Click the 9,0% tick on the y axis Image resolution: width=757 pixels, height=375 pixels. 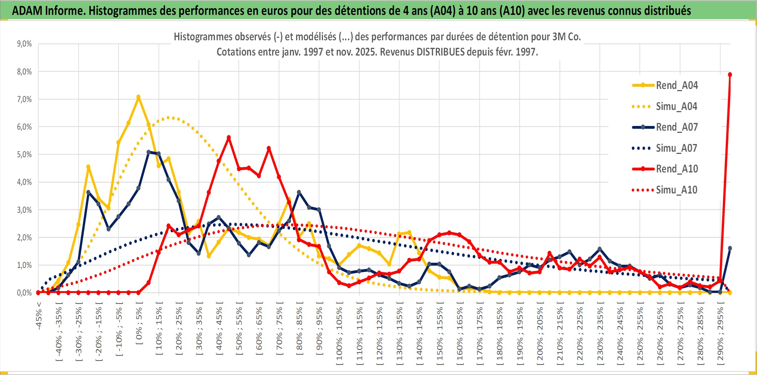pos(24,44)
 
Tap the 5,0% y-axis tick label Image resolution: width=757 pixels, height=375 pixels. pos(24,155)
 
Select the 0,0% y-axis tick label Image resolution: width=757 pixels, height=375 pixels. pos(24,293)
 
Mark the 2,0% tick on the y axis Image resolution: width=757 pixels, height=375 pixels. pos(24,237)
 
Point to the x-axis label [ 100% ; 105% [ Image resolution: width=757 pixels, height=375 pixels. pos(339,334)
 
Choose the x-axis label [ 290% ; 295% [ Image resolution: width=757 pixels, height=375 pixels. pos(720,334)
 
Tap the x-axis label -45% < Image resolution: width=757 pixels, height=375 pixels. pos(39,315)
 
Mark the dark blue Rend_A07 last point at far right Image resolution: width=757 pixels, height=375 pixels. pos(730,248)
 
